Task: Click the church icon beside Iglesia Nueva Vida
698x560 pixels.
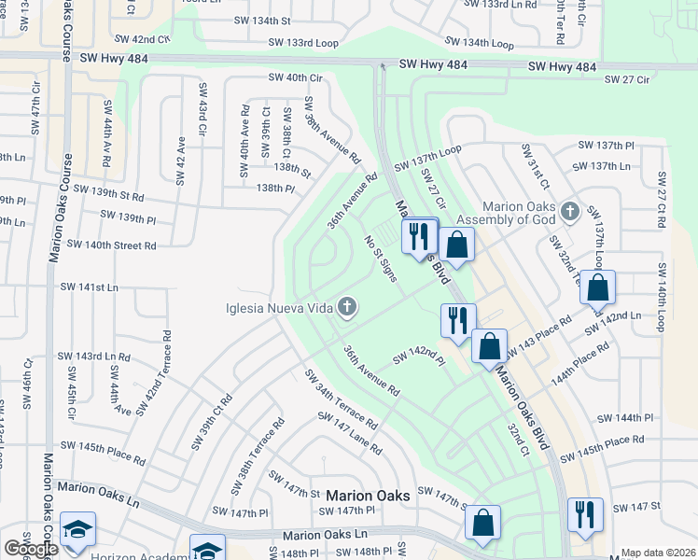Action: (x=347, y=307)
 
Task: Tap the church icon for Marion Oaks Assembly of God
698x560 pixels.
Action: (x=571, y=212)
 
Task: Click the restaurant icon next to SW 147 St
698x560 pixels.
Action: (x=584, y=514)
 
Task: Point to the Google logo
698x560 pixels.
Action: (x=30, y=549)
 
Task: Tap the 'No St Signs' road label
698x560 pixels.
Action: (x=381, y=259)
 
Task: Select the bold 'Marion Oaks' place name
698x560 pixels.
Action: (x=368, y=497)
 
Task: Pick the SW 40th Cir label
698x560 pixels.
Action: (x=294, y=77)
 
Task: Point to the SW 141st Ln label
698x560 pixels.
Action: (x=89, y=287)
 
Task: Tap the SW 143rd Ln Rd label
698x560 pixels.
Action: (x=93, y=357)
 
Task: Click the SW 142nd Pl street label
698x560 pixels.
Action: (x=415, y=356)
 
